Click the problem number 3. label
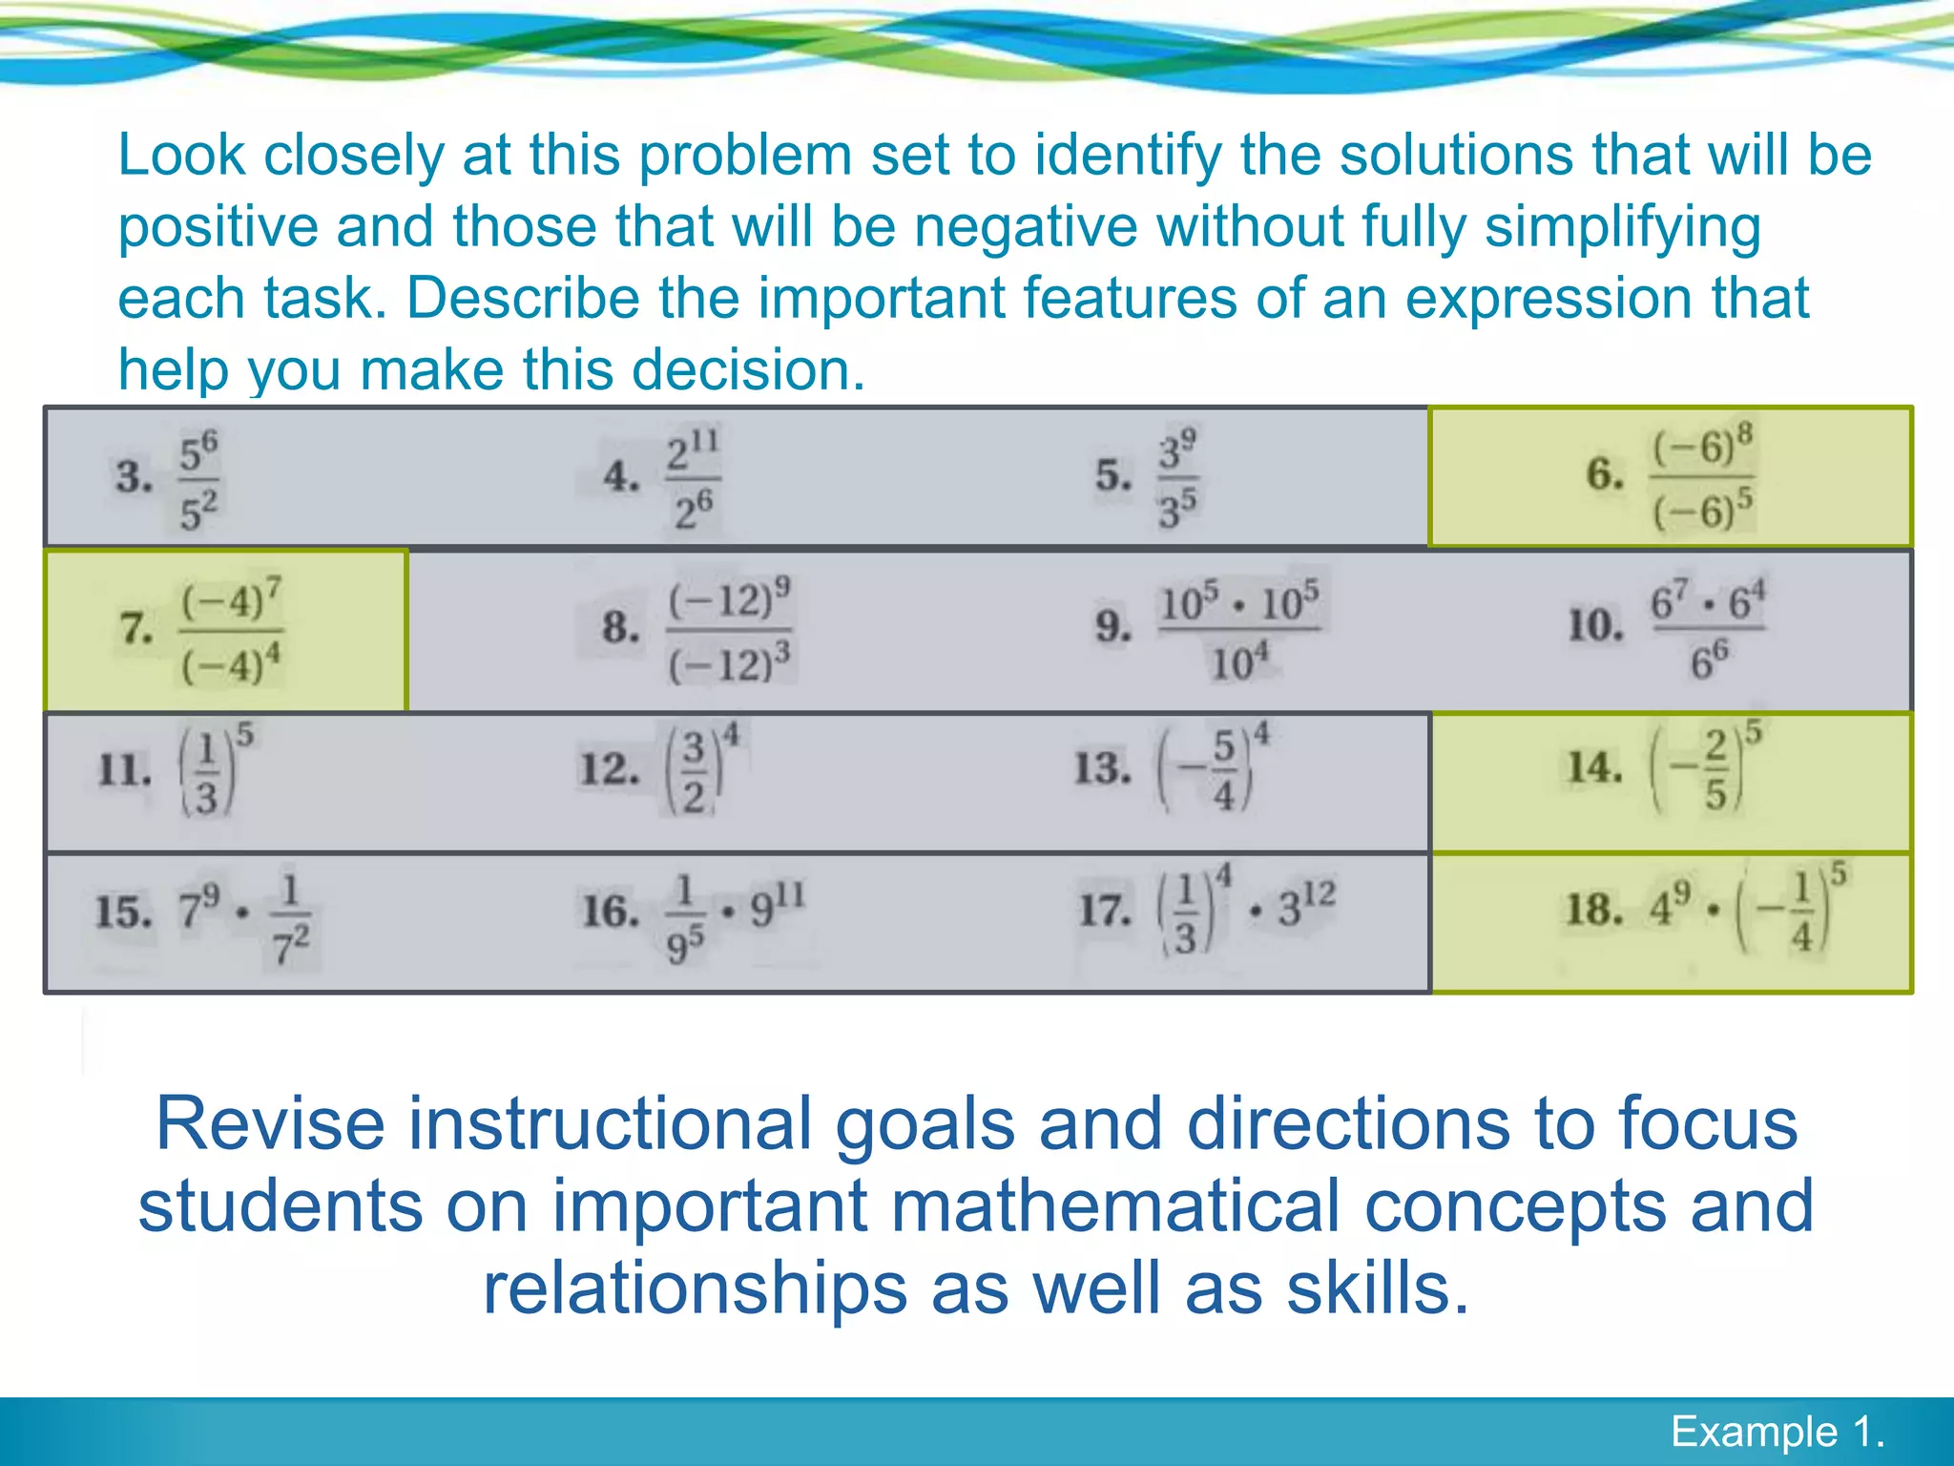(x=135, y=476)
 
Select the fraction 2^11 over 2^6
(x=694, y=478)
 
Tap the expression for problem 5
(x=1178, y=478)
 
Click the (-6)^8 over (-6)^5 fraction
(x=1703, y=477)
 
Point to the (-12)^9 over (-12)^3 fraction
(x=730, y=630)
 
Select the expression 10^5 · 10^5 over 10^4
(x=1239, y=630)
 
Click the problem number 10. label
(x=1595, y=626)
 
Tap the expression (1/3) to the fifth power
(x=215, y=770)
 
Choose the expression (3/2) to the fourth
(x=702, y=770)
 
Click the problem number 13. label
(x=1103, y=768)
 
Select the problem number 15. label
(x=123, y=911)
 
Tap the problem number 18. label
(x=1593, y=910)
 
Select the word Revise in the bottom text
(x=270, y=1124)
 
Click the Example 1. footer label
(x=1777, y=1432)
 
